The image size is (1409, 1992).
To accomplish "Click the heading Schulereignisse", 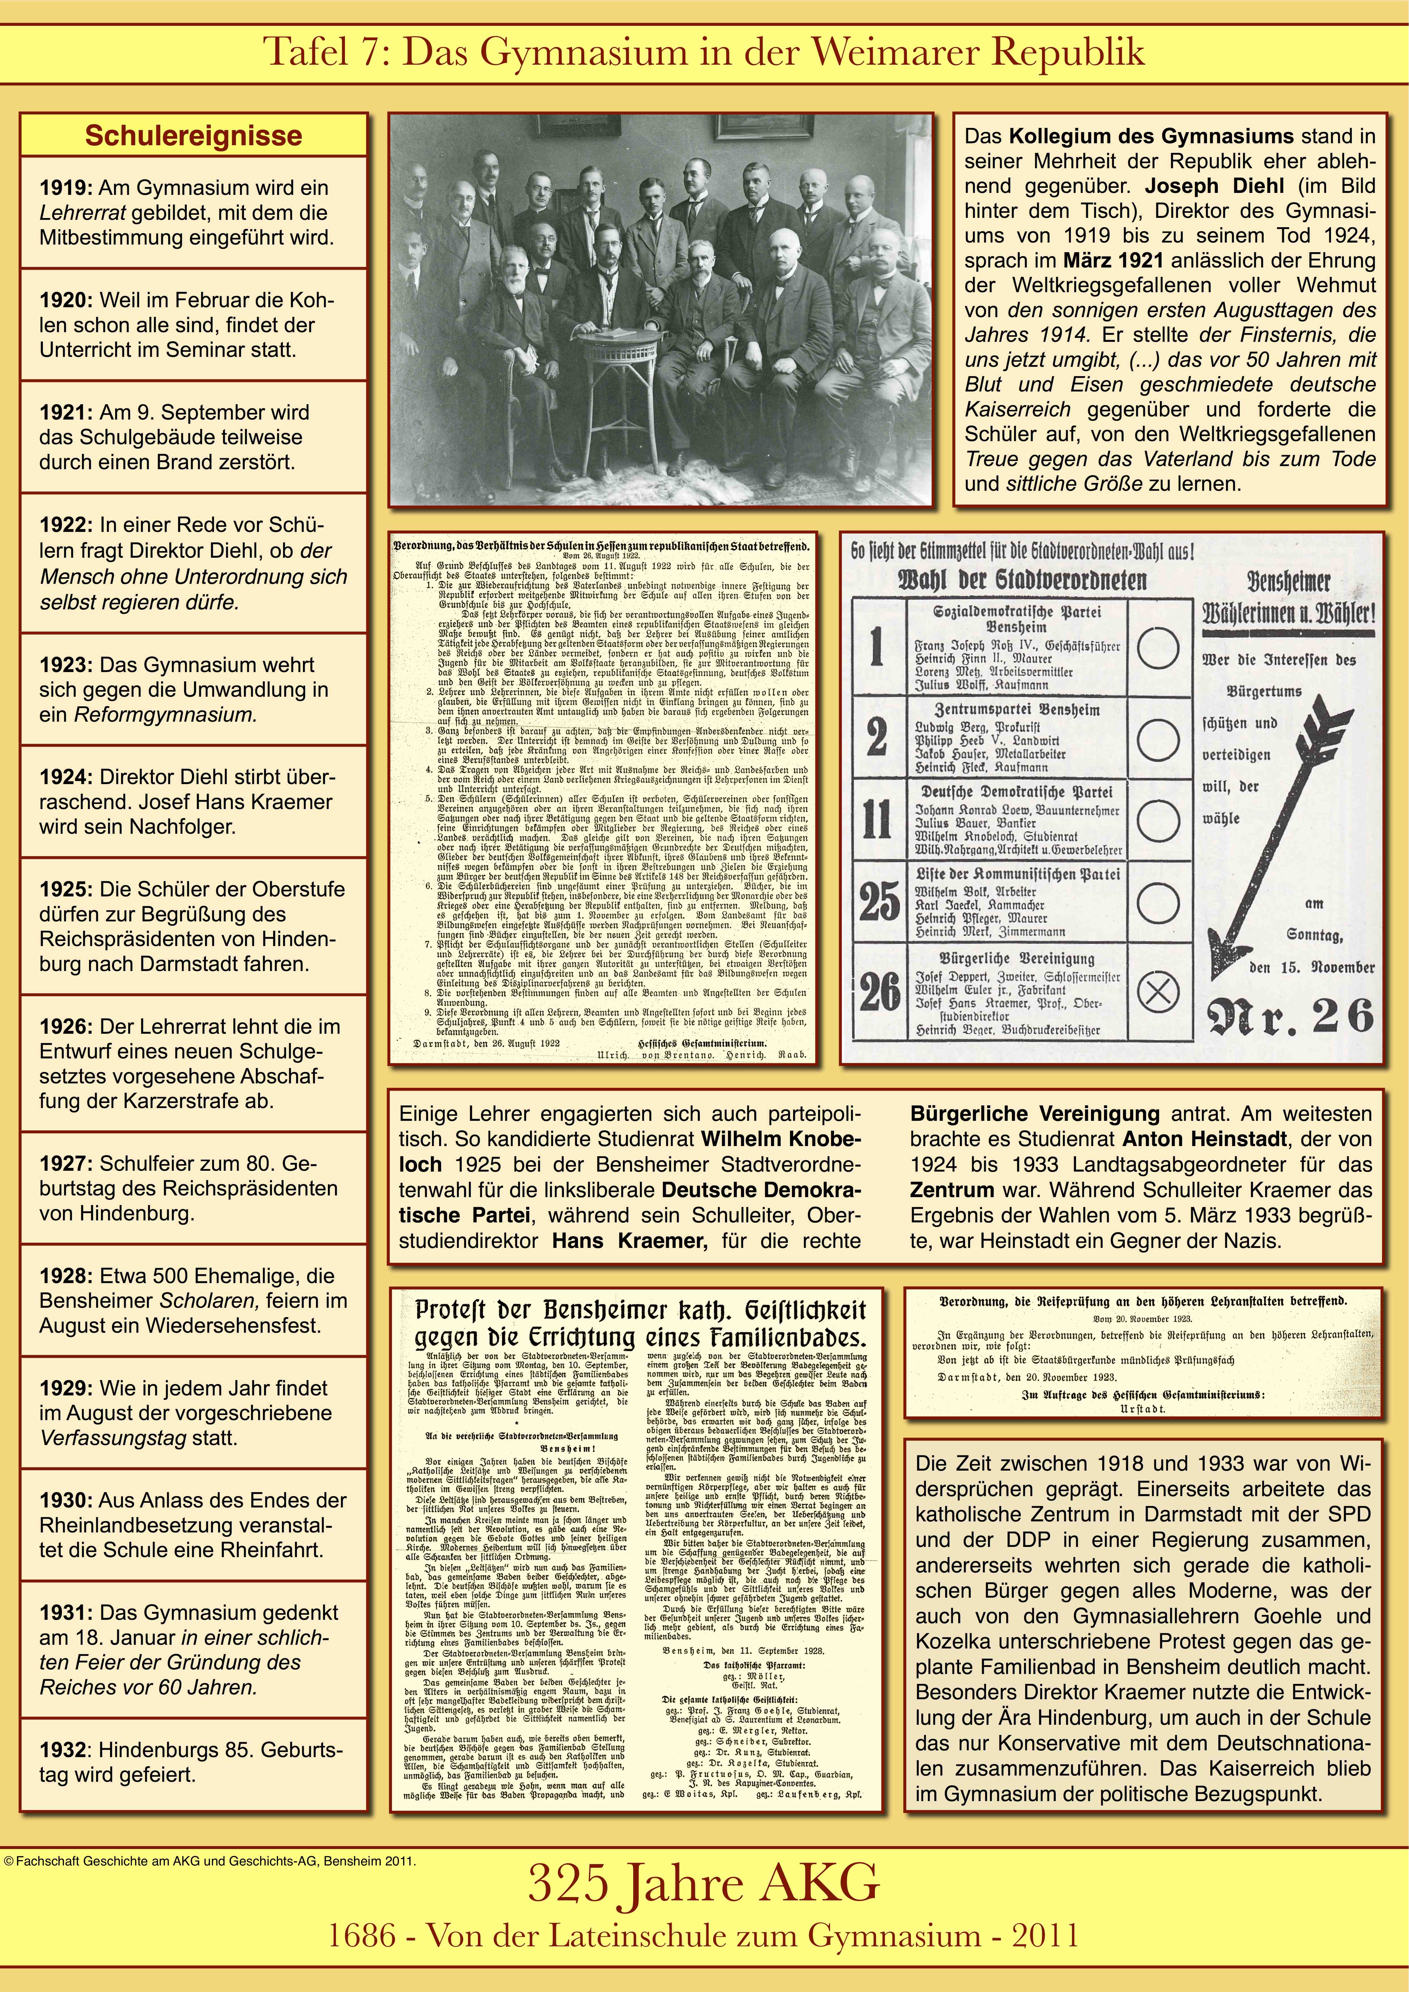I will [x=193, y=136].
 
